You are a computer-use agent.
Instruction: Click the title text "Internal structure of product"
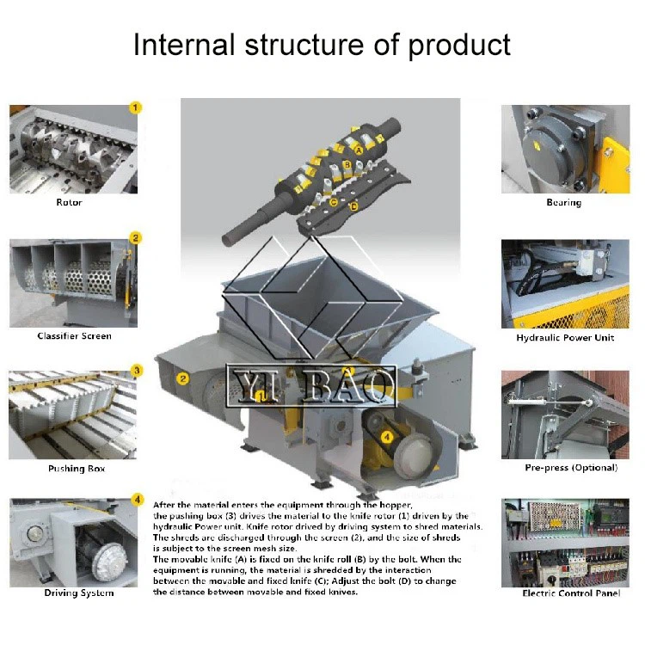tap(322, 45)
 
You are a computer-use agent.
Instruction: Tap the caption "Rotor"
tap(70, 203)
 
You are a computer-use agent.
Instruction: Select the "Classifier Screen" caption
tap(74, 336)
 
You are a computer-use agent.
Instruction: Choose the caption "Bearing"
tap(564, 203)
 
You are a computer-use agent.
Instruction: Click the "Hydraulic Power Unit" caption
tap(565, 338)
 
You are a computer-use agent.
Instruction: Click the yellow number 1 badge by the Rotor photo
tap(135, 107)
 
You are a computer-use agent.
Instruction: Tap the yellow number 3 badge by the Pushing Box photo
tap(136, 371)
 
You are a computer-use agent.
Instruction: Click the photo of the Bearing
tap(565, 149)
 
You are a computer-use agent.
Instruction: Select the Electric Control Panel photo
tap(565, 542)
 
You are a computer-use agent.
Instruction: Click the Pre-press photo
tap(565, 415)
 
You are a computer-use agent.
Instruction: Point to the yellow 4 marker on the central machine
tap(387, 437)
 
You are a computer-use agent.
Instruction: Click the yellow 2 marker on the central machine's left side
tap(183, 378)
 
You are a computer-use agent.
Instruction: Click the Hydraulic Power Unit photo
tap(565, 284)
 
